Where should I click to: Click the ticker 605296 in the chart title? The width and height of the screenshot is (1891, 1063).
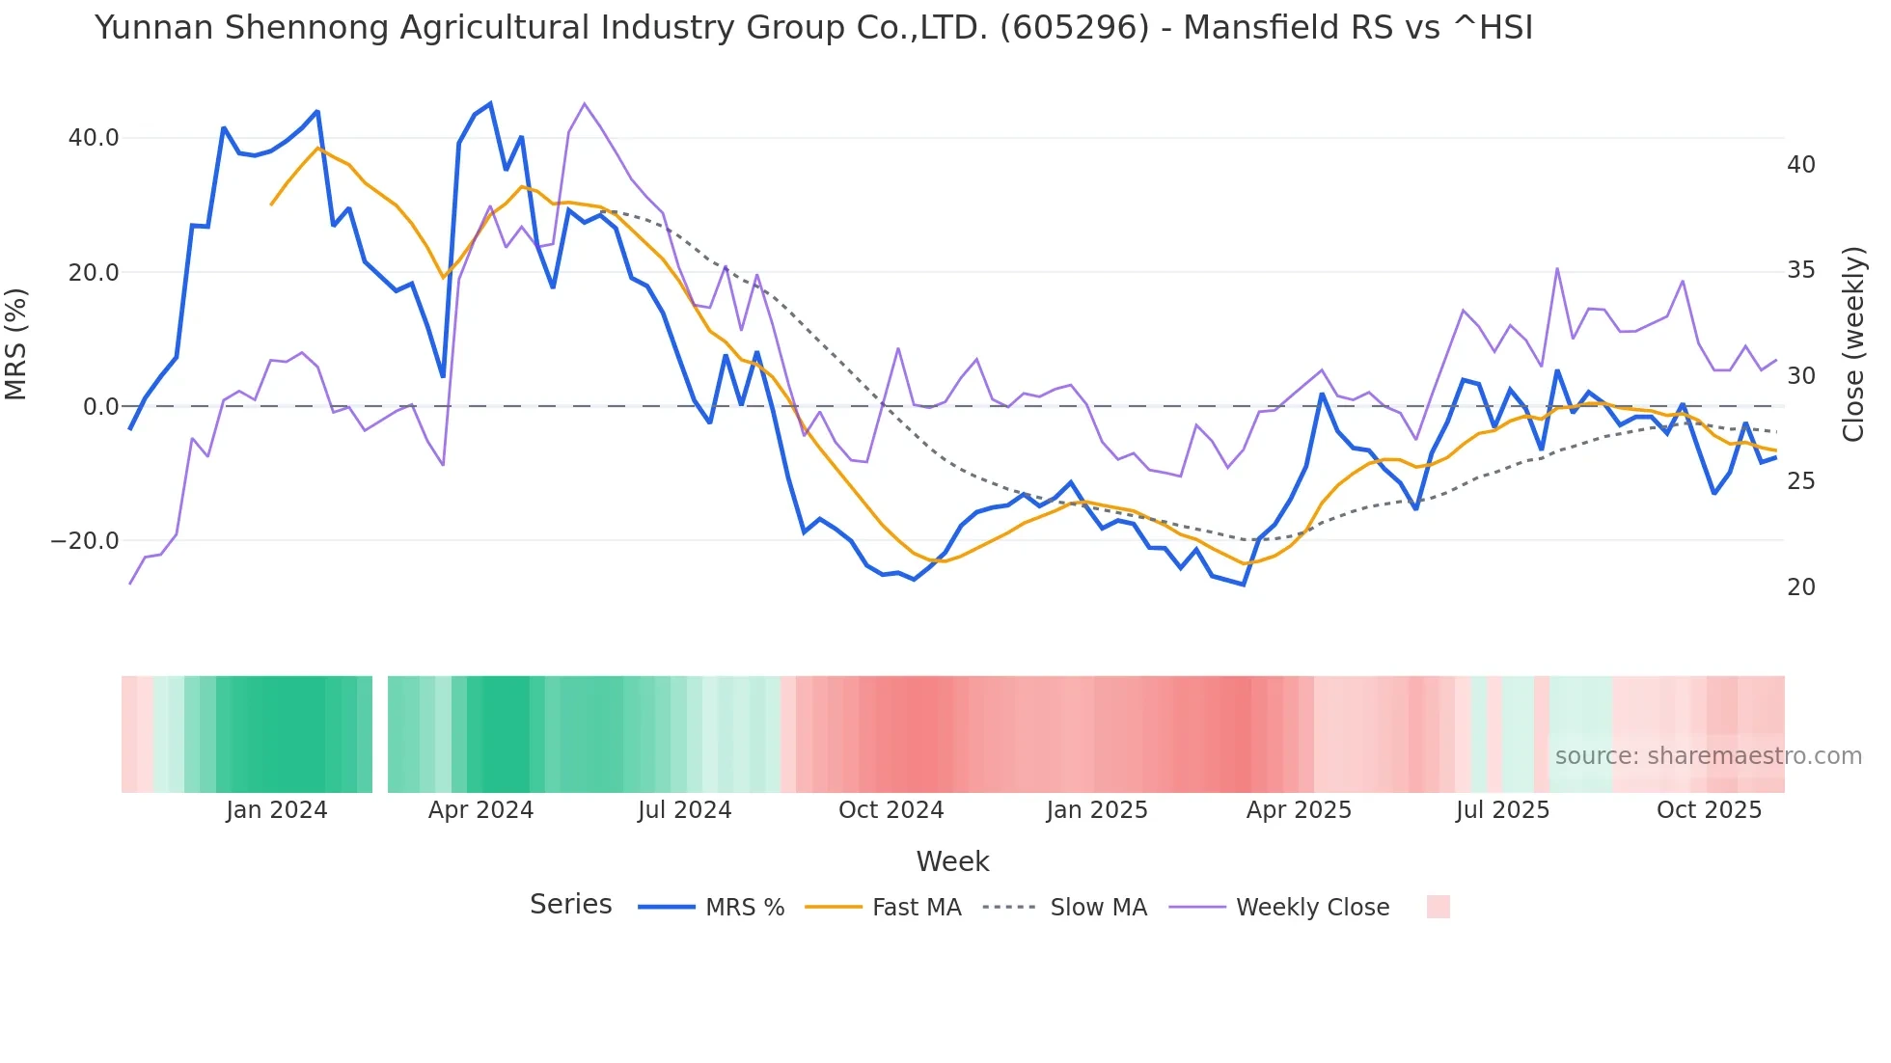1075,28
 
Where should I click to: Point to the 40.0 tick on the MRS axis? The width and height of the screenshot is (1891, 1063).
94,138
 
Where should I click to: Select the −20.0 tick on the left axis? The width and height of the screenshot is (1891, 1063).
86,541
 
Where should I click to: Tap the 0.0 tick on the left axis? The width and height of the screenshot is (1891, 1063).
101,407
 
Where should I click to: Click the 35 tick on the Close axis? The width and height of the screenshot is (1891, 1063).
1800,270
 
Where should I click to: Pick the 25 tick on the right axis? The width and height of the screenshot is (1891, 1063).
1800,481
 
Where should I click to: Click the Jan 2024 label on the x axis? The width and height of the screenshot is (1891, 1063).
277,810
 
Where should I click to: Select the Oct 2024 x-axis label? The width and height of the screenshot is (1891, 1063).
891,810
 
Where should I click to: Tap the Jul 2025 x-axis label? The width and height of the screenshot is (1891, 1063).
1502,810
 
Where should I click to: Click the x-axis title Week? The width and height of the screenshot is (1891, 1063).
952,861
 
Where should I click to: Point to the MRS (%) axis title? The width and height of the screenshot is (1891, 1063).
16,343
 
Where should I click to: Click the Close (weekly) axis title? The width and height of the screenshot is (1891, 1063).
1853,344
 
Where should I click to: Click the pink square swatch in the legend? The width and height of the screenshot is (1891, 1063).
1438,907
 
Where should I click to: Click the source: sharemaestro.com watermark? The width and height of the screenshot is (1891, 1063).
1708,756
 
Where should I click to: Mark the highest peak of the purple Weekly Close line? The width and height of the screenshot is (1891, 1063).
585,103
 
